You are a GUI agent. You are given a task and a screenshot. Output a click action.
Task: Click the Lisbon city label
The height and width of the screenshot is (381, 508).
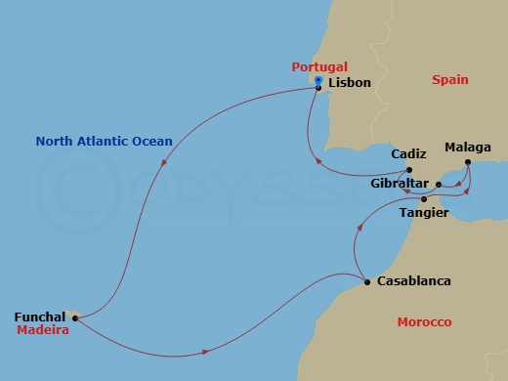[x=350, y=83]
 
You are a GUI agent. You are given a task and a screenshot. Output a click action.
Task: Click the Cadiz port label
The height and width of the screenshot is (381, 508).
[x=408, y=154]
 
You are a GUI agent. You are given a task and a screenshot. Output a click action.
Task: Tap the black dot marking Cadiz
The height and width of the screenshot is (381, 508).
[x=410, y=170]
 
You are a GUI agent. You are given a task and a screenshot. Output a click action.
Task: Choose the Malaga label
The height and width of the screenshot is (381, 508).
[x=467, y=148]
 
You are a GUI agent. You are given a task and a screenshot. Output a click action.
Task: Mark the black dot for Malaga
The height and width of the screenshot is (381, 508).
[x=468, y=162]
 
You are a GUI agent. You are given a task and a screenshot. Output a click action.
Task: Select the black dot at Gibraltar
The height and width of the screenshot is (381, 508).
[x=438, y=184]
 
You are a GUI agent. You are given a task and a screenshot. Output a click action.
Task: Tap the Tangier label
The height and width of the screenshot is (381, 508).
[x=424, y=212]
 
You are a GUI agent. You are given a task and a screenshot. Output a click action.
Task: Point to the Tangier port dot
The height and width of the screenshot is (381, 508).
[x=423, y=199]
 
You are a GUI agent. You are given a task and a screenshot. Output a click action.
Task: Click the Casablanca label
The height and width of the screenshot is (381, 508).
[x=413, y=281]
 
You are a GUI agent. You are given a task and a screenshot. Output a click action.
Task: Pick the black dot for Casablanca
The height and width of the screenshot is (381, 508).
[x=367, y=281]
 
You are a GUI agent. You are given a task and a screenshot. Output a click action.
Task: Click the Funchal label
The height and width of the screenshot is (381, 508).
[x=40, y=317]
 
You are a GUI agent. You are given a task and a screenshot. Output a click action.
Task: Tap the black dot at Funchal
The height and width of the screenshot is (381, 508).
[x=75, y=317]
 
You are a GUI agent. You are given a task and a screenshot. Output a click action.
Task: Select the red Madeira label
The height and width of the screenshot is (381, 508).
[x=42, y=331]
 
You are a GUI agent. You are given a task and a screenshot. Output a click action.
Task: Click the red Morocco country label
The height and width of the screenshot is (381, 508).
[x=424, y=322]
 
